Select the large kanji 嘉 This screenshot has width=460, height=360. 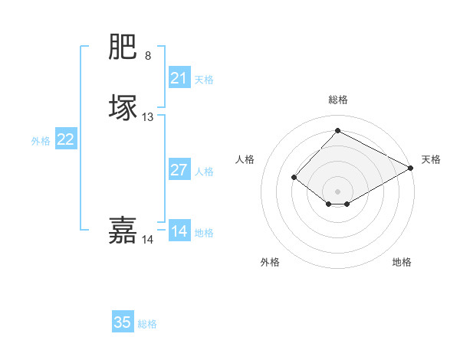[x=123, y=231]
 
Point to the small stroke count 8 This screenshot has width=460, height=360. [x=148, y=56]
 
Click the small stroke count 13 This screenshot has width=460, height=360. [x=148, y=117]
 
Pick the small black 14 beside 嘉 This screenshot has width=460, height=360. [x=148, y=240]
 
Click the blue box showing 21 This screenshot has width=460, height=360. [x=179, y=78]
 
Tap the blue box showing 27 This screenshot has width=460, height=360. [x=179, y=170]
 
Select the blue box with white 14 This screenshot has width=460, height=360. [x=179, y=231]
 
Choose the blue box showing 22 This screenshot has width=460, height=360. [x=66, y=139]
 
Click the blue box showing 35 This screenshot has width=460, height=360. [x=123, y=322]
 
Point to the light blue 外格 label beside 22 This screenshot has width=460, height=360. [x=41, y=141]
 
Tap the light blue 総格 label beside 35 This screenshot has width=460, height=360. [x=147, y=324]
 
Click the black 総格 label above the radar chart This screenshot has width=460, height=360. [x=338, y=100]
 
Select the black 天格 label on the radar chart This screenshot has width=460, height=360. [x=431, y=159]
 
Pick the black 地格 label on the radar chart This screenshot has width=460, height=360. [x=402, y=263]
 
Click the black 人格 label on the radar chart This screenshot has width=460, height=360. [x=245, y=159]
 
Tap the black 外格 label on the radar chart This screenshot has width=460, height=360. [x=270, y=263]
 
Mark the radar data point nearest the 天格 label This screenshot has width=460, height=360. [x=411, y=168]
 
